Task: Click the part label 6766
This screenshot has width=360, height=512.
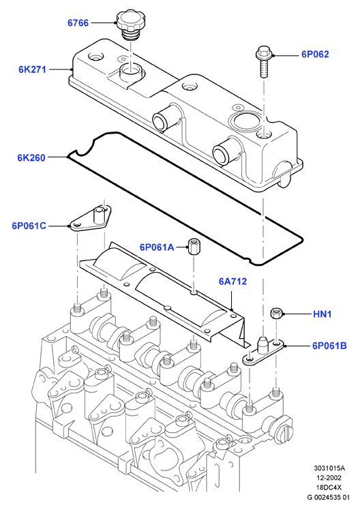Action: pos(78,23)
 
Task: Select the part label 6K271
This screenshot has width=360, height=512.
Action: pos(32,70)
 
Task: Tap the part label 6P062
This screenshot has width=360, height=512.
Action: pos(315,55)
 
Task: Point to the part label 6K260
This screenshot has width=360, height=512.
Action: pos(31,157)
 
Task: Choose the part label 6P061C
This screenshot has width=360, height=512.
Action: pos(29,226)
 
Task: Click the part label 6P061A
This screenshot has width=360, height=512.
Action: pos(157,247)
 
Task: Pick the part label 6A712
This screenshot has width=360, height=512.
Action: pos(233,281)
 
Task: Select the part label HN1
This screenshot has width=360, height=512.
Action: pos(322,314)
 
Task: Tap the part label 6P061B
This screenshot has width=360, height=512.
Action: pos(329,346)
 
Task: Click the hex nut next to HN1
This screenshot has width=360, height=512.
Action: pos(276,314)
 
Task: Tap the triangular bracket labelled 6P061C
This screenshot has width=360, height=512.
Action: pos(90,218)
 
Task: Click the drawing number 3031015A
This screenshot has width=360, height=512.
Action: pos(329,468)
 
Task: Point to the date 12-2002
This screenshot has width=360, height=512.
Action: pos(329,478)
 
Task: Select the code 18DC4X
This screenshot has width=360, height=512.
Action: pos(329,487)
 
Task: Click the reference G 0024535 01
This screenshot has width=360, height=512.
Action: pos(329,497)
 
